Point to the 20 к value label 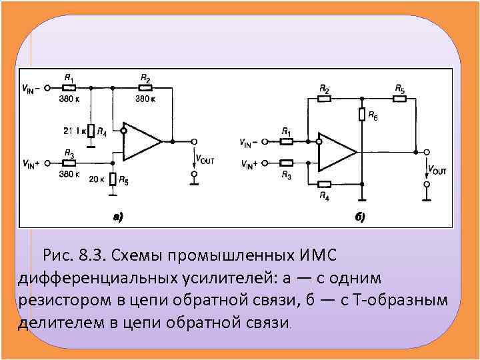(97, 179)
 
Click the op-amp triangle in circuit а (140, 141)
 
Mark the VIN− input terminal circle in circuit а (47, 87)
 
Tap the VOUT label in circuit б (437, 170)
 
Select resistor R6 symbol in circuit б (362, 114)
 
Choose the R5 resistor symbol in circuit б (399, 99)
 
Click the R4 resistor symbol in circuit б (324, 185)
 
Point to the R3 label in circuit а (68, 153)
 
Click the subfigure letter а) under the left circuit (117, 215)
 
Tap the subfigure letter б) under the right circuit (360, 217)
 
